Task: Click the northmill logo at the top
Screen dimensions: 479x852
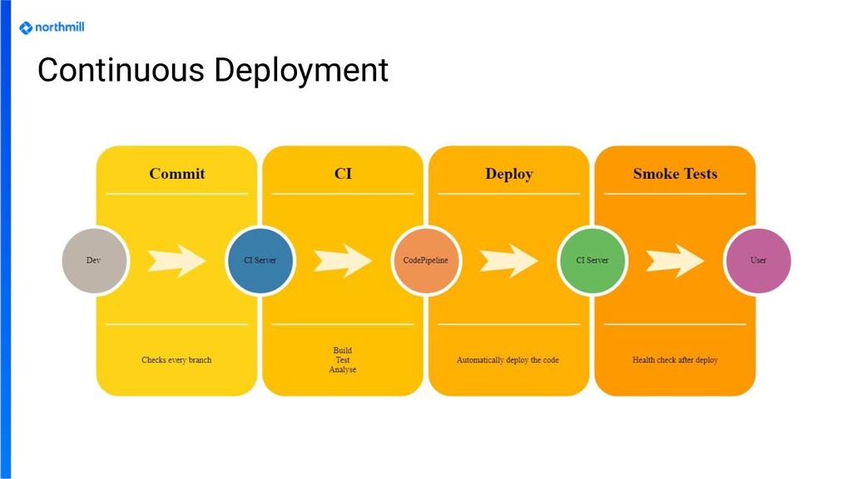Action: coord(52,27)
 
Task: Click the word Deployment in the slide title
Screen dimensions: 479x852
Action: coord(301,71)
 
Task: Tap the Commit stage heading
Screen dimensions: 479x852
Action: coord(176,174)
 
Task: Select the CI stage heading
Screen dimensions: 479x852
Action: coord(343,174)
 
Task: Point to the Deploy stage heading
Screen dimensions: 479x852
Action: coord(508,174)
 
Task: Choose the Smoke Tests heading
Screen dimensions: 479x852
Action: coord(675,174)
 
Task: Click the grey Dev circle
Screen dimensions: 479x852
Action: coord(94,260)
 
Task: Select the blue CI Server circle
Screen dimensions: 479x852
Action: coord(260,260)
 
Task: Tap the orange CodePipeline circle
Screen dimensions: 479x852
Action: coord(425,260)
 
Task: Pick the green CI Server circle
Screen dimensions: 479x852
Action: coord(592,260)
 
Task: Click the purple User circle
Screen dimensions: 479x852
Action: coord(758,260)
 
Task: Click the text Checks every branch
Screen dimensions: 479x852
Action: coord(176,360)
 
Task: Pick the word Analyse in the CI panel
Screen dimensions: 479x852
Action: coord(342,370)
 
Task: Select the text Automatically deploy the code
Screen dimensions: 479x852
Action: coord(508,360)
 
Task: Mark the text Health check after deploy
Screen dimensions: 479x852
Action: coord(675,360)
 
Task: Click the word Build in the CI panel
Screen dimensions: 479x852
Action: coord(342,350)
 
